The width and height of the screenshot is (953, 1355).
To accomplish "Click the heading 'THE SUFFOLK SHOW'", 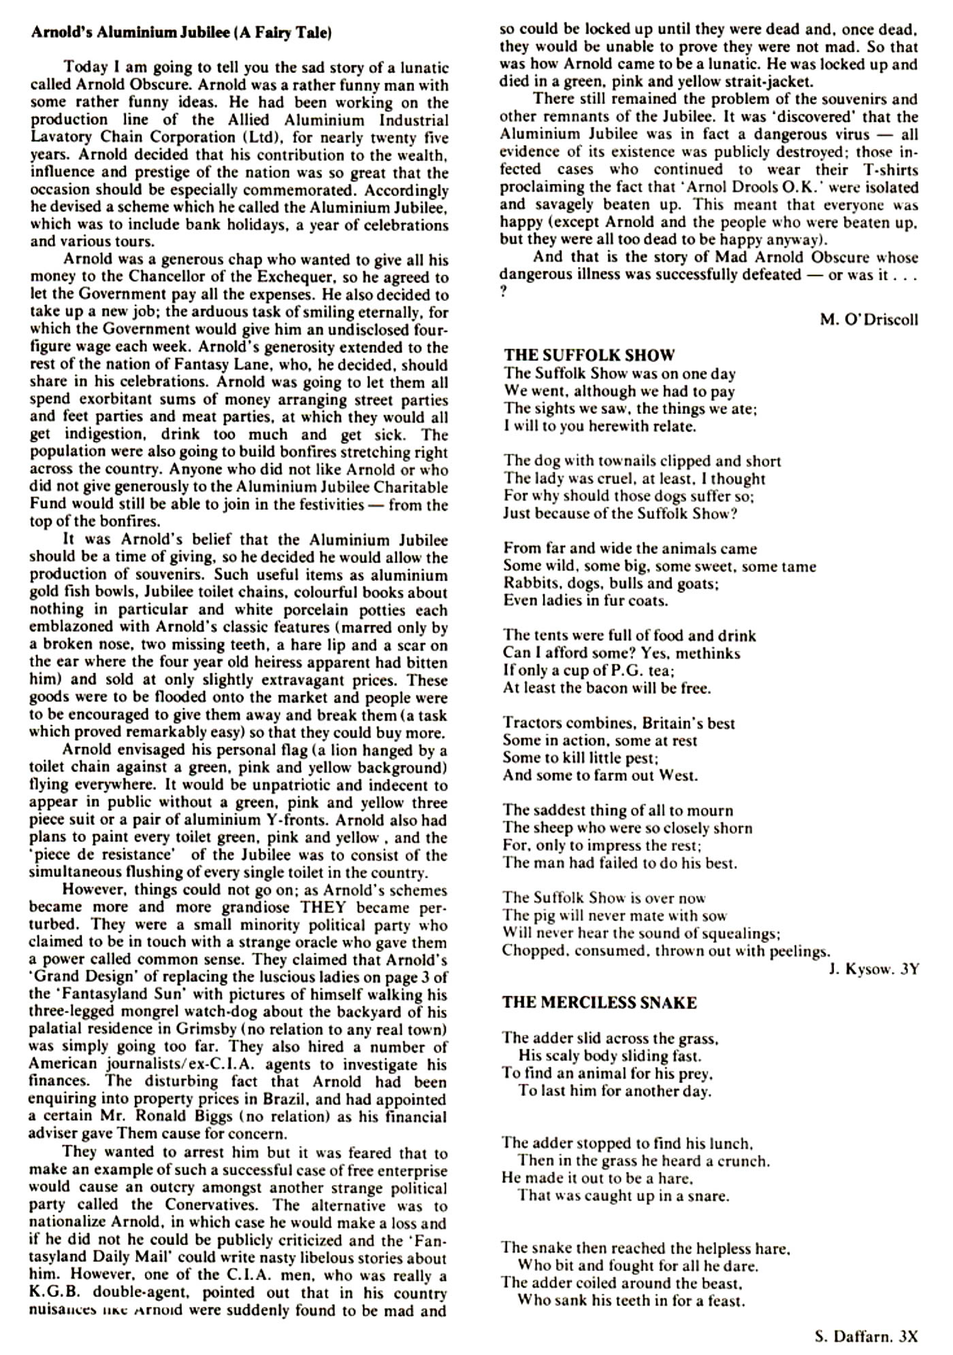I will pos(589,355).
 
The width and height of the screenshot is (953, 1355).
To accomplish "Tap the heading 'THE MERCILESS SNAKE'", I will pos(599,1002).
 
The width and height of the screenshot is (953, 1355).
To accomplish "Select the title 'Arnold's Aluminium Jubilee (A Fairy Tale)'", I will pos(181,33).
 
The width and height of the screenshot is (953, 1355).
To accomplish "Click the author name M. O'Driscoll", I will pos(869,319).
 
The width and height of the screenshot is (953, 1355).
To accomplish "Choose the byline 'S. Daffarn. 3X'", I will pos(866,1336).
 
